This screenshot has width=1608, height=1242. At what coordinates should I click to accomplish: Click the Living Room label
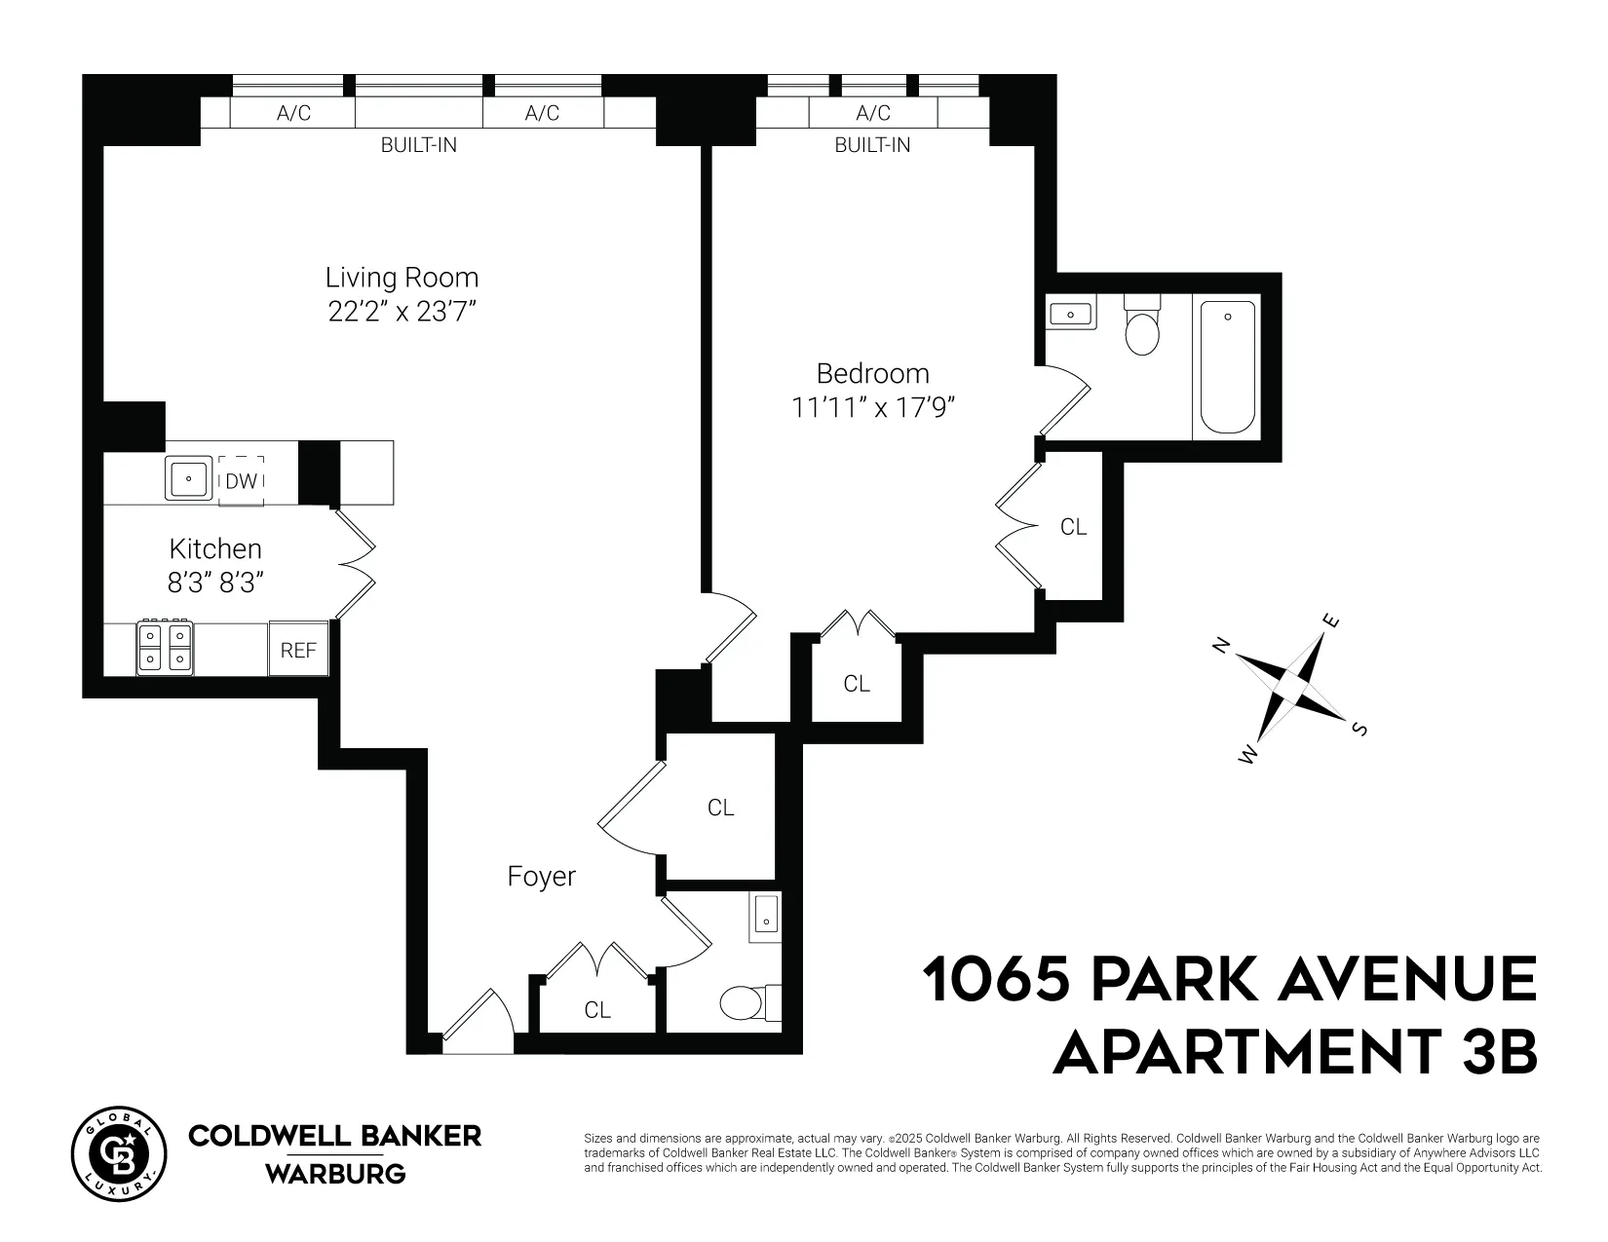click(x=402, y=278)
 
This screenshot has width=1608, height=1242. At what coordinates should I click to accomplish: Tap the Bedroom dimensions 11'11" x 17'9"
click(x=872, y=407)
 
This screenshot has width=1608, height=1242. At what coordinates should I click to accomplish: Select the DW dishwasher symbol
click(x=241, y=480)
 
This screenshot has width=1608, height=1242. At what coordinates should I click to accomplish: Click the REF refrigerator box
click(x=298, y=650)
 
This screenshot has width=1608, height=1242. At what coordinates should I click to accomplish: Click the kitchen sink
click(x=187, y=478)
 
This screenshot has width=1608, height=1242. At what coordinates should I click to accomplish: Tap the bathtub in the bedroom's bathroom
click(x=1227, y=368)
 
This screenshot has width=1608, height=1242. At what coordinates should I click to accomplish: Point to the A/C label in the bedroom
click(x=872, y=113)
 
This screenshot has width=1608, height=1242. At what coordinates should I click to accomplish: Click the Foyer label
click(x=541, y=877)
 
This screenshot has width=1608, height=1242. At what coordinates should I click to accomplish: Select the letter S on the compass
click(x=1360, y=730)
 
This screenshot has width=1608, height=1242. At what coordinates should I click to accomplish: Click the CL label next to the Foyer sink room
click(x=720, y=808)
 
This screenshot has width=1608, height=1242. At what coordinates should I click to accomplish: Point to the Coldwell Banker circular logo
click(x=115, y=1150)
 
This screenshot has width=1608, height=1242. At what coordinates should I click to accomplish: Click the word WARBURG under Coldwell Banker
click(x=335, y=1174)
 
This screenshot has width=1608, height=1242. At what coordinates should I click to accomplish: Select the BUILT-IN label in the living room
click(x=418, y=146)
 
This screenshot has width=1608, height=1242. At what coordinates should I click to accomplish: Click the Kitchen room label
click(x=215, y=548)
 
